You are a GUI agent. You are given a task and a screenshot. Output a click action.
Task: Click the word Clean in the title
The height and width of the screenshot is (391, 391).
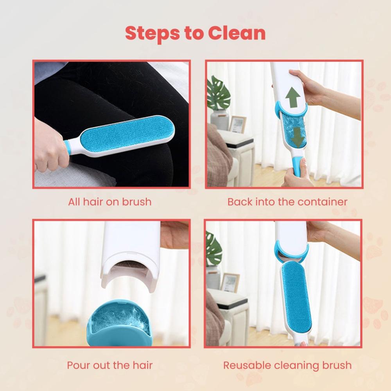[237, 33]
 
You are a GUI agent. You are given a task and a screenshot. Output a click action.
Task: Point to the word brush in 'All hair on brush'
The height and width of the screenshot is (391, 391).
[135, 202]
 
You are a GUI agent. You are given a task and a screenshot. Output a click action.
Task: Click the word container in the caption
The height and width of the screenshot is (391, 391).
[323, 202]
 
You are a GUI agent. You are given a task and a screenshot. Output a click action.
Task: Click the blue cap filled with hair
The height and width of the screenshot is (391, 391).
[120, 321]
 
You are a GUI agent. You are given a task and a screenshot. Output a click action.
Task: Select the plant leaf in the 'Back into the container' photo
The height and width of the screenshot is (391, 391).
[218, 94]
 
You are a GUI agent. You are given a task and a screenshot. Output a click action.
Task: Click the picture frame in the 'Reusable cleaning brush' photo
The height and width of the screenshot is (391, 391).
[230, 282]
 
